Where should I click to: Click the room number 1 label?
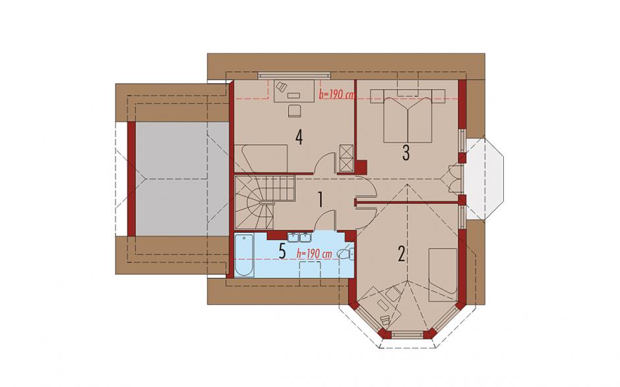tap(321, 200)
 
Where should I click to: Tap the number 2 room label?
tap(401, 254)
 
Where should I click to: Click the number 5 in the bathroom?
tap(282, 251)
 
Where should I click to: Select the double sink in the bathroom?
tap(299, 237)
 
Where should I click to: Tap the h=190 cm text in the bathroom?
tap(314, 254)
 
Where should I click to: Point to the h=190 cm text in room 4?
tap(336, 95)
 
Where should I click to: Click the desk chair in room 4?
tap(294, 111)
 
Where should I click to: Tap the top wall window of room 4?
tap(294, 74)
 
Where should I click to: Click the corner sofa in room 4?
tap(261, 158)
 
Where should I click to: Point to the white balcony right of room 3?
tap(485, 179)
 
